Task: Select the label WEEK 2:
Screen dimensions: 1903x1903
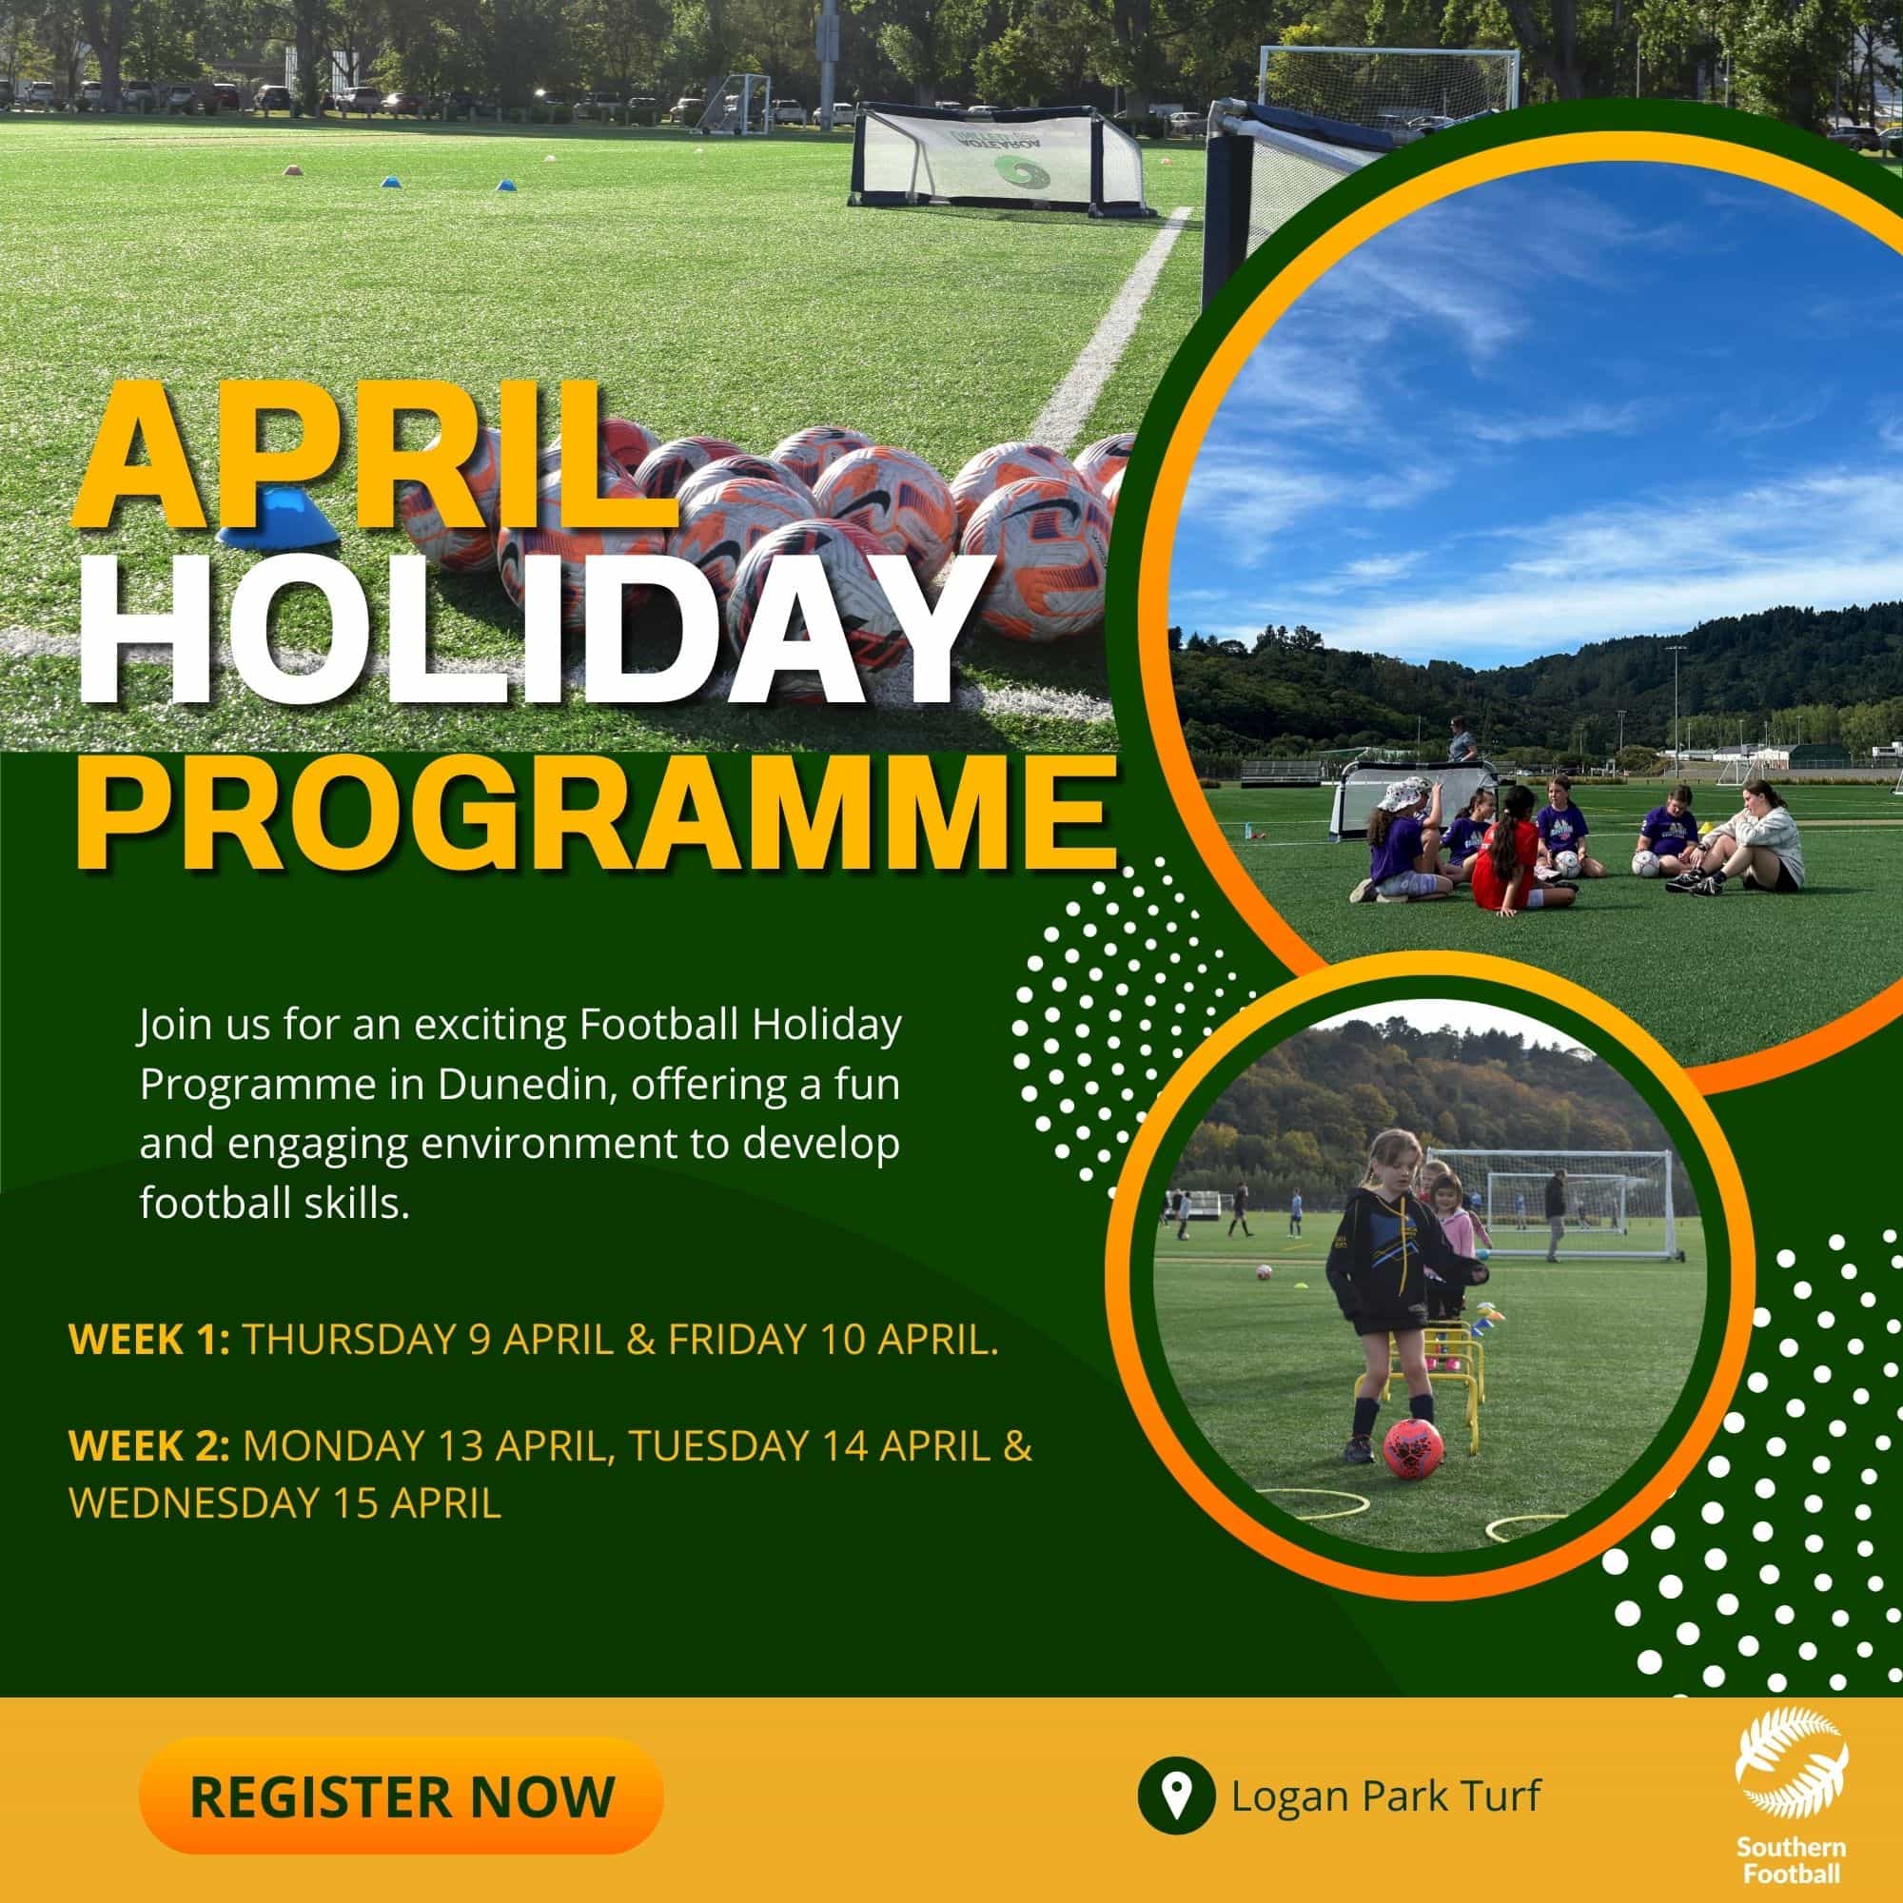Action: [148, 1448]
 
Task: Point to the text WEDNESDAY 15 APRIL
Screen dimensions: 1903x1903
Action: [285, 1504]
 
